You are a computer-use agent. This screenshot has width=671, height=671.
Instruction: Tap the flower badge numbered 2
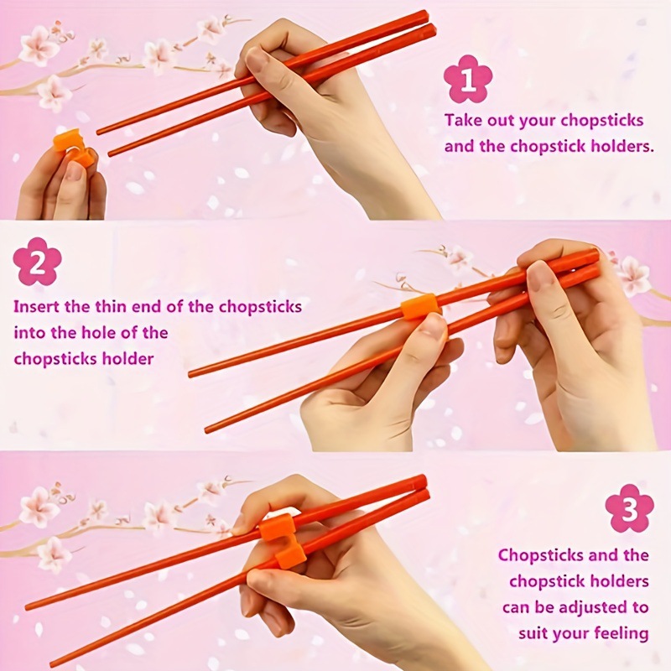pos(38,261)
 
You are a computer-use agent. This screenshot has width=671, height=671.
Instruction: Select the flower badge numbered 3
pos(629,508)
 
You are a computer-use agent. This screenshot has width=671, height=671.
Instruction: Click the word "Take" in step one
pos(463,119)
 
